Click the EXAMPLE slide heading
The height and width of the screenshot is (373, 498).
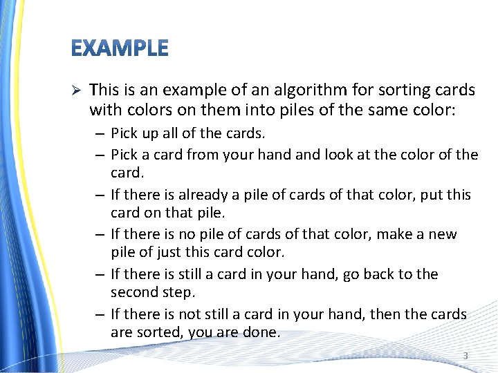(120, 48)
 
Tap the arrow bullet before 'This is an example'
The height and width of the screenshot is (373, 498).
(77, 90)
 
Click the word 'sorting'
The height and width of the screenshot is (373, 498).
(403, 90)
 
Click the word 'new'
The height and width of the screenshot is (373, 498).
(443, 234)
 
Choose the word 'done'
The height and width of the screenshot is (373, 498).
(261, 332)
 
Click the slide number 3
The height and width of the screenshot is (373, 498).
(465, 356)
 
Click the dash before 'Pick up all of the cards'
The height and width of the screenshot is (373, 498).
(100, 132)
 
